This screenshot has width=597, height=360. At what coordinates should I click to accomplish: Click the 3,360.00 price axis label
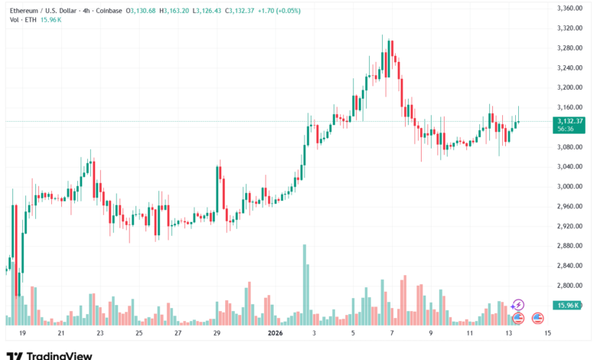(x=571, y=8)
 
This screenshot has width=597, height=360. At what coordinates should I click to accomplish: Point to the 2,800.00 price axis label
(x=571, y=286)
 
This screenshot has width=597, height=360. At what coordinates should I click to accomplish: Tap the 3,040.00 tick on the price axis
(x=571, y=166)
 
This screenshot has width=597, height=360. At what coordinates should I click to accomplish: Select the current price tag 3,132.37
(x=571, y=121)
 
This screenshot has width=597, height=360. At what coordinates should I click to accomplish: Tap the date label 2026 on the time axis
(x=275, y=334)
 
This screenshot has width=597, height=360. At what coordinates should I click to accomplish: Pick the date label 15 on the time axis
(x=547, y=334)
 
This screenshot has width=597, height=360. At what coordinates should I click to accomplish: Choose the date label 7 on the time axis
(x=391, y=334)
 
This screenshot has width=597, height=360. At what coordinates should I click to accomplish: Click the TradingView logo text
(x=60, y=355)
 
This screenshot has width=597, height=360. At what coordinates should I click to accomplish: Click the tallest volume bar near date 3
(x=304, y=283)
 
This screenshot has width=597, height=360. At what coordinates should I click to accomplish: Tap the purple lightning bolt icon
(x=518, y=305)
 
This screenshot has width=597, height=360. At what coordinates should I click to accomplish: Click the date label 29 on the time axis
(x=217, y=334)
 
